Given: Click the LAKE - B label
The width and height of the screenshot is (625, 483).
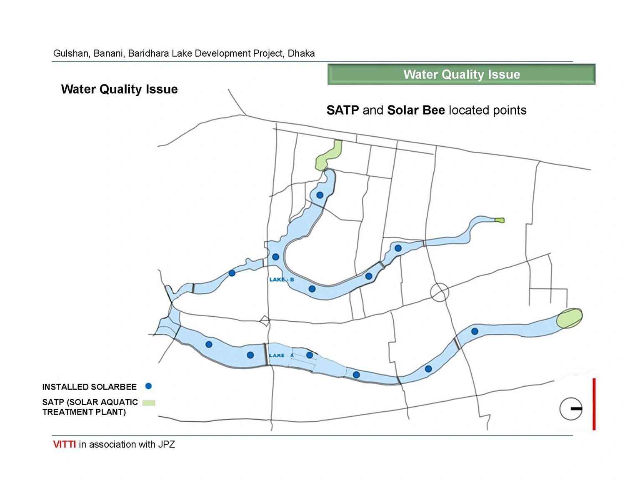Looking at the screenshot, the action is point(282,279).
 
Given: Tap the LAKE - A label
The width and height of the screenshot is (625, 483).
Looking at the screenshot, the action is point(281,355).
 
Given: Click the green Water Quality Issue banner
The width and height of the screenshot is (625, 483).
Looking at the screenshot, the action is point(461,74).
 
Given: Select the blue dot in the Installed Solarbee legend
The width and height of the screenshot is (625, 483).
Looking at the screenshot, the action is point(148,386).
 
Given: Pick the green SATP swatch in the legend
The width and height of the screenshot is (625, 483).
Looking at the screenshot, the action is point(149,403).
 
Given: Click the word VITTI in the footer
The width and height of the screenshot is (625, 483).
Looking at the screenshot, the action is point(65,445).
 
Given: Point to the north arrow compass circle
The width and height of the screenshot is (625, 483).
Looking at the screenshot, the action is point(571,409).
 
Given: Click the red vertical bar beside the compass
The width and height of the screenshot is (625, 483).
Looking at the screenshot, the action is point(594,404).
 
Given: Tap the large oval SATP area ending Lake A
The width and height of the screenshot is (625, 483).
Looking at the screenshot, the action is point(569,318).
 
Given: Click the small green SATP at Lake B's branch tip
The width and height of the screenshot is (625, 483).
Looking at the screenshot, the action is point(500,220).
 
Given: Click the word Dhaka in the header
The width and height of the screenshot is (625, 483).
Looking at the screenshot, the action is point(301,53).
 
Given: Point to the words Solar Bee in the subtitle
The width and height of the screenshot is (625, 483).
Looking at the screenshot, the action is point(416,110).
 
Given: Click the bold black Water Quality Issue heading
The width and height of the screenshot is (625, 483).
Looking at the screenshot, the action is point(119,89).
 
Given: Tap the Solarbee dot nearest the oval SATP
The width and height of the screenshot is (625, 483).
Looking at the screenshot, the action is point(475,331).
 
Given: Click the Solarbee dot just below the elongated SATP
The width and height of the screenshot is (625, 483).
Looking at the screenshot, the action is point(320,195).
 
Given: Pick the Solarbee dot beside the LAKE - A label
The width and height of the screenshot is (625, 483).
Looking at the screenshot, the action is point(310,355).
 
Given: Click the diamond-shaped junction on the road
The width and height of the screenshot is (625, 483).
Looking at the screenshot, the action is point(265,320).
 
